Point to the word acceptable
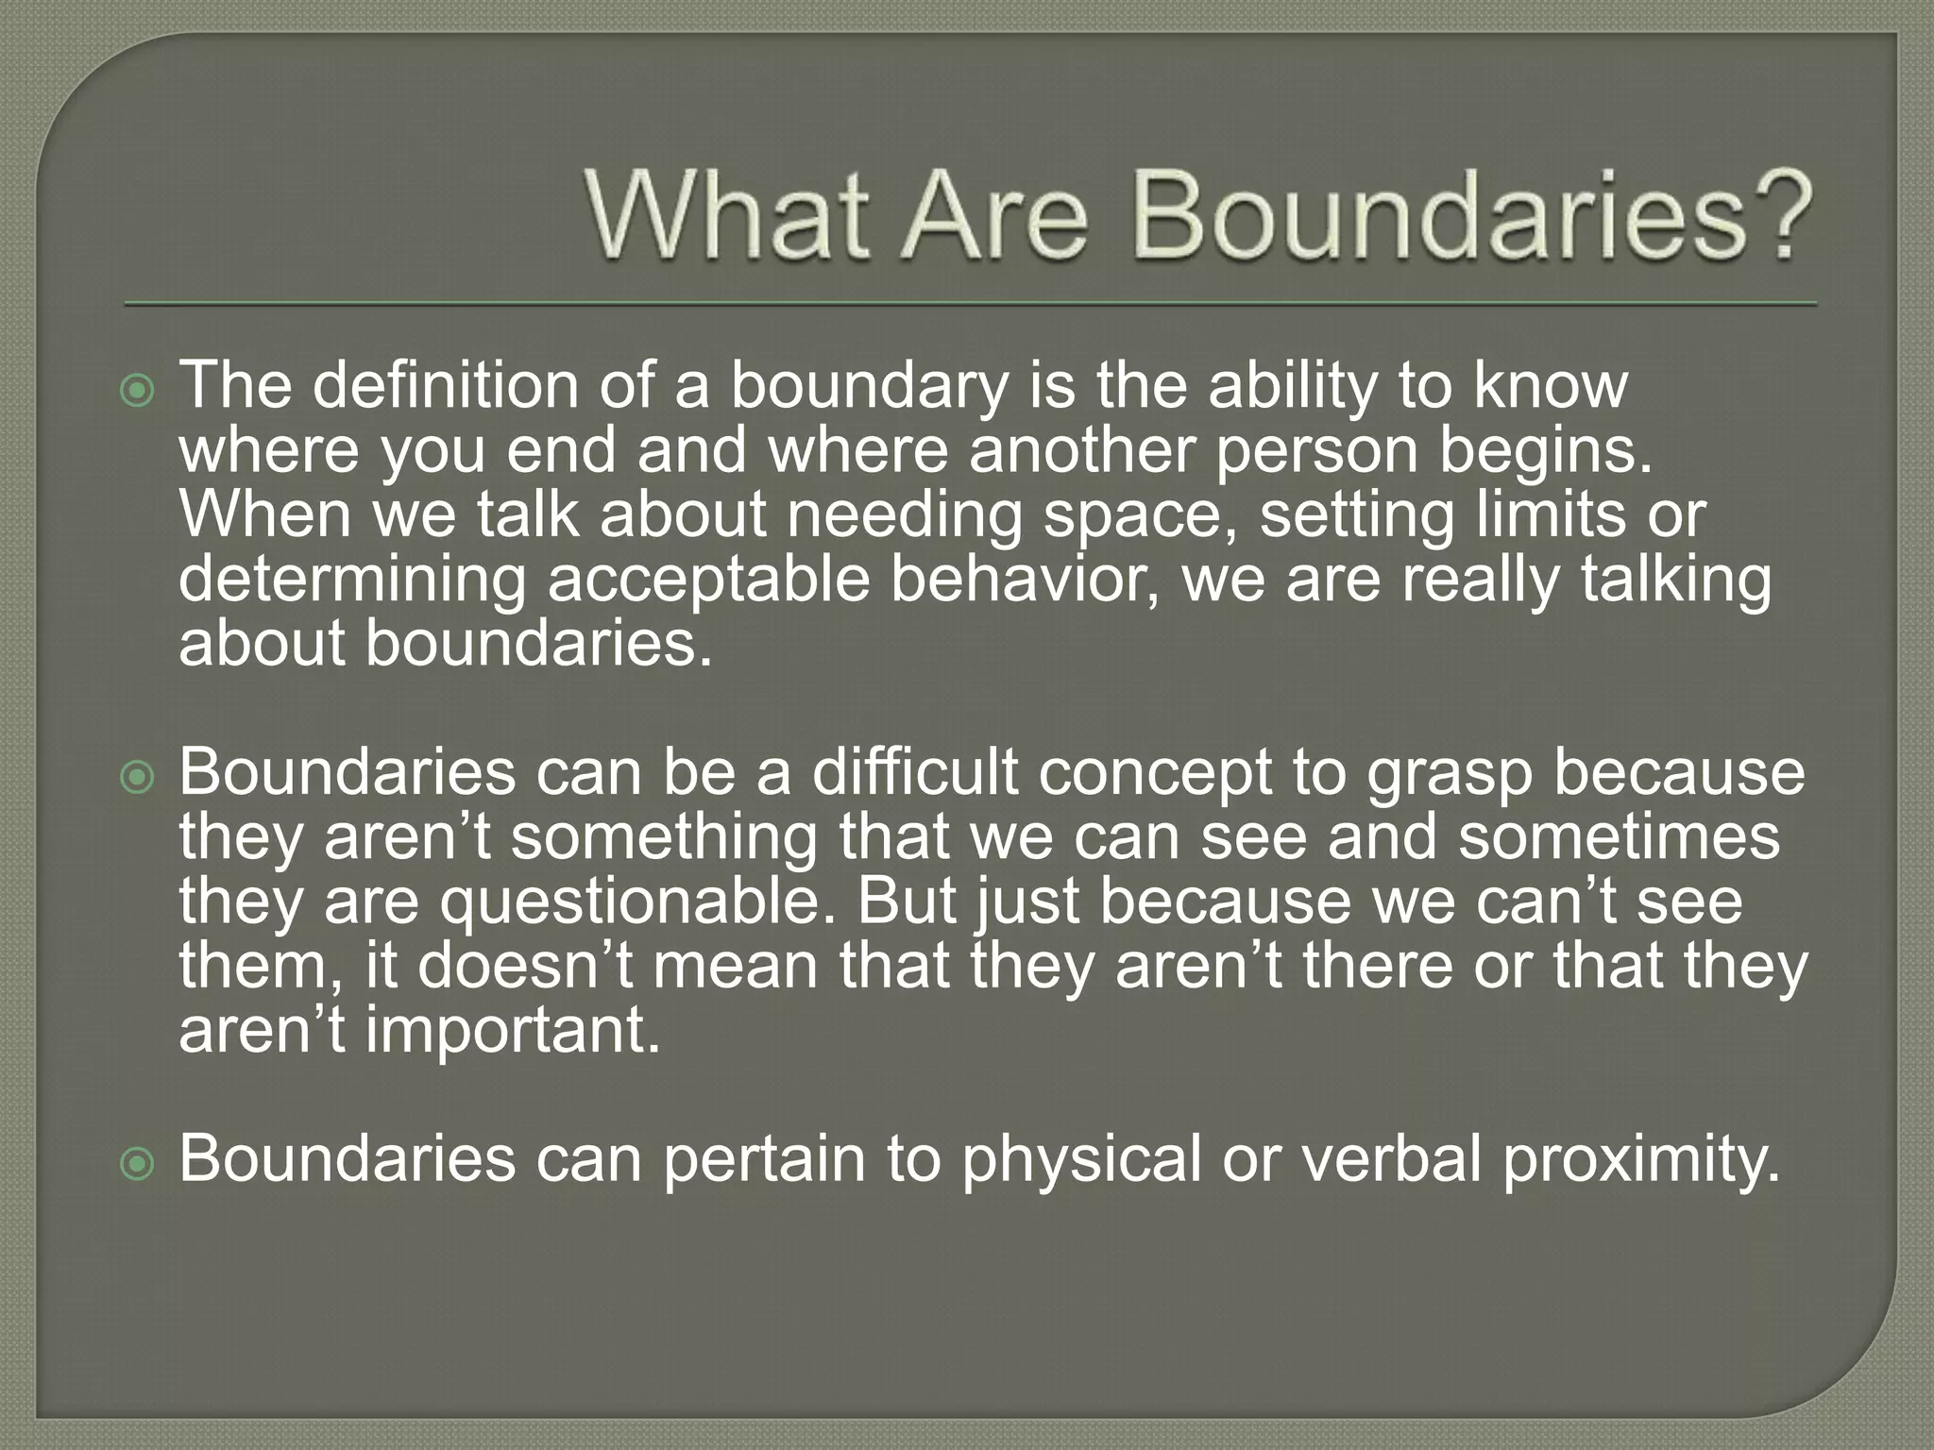[707, 582]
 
